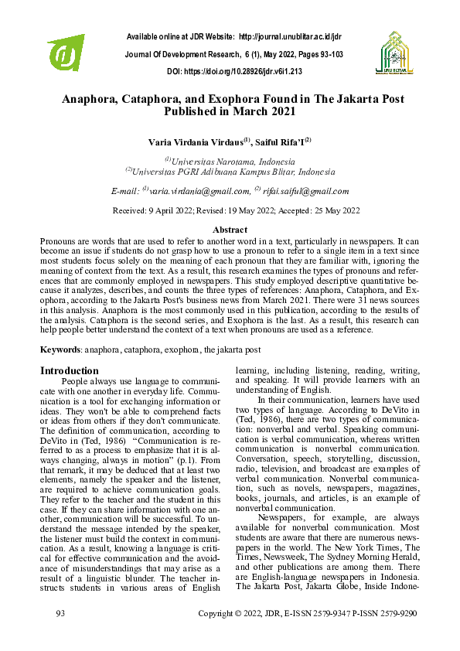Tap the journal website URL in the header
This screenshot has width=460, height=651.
291,36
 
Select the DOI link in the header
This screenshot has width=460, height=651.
254,71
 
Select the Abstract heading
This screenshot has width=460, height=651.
230,230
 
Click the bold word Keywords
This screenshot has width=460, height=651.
60,350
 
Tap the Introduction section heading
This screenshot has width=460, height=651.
70,370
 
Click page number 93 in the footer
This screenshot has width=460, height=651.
61,635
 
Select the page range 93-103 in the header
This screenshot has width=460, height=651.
327,54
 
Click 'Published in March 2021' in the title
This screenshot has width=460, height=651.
230,111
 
